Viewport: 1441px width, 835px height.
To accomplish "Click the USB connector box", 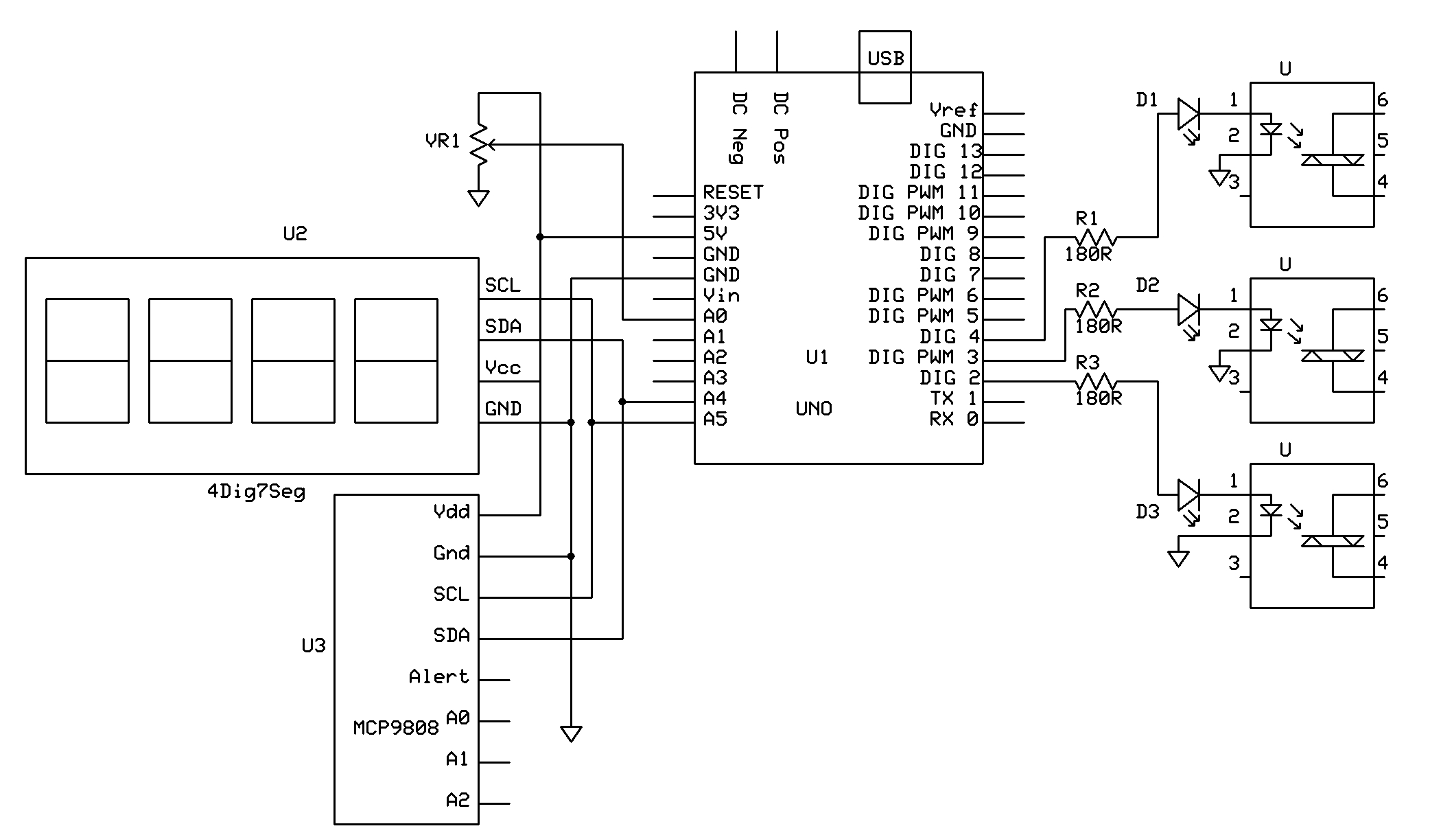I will (884, 67).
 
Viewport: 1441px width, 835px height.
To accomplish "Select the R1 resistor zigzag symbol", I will (1096, 238).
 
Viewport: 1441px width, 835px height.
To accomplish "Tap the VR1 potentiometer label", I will (443, 141).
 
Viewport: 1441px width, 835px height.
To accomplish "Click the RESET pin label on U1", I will (733, 192).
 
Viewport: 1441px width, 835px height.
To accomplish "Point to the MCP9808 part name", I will (396, 728).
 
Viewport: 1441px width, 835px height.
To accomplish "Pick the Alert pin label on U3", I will (438, 677).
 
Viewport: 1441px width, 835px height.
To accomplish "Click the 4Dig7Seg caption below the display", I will (256, 492).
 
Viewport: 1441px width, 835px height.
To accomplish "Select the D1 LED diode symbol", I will (1188, 114).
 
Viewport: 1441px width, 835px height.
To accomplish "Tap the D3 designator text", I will (1147, 512).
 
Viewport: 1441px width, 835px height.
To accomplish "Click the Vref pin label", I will (953, 110).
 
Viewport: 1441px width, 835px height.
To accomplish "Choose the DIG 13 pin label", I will (946, 151).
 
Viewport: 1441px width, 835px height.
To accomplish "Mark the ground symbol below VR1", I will (478, 198).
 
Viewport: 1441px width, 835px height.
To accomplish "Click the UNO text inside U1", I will (814, 409).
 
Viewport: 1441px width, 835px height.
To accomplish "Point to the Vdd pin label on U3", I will (452, 512).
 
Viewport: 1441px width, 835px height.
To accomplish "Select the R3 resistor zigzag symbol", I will (1096, 382).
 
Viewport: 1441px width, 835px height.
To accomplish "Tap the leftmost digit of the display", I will (87, 361).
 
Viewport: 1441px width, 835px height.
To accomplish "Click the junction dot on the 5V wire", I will (540, 237).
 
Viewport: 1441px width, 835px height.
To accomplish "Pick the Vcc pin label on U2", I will (503, 368).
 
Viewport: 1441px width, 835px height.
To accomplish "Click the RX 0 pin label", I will (953, 419).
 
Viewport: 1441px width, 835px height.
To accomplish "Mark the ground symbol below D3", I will (1178, 559).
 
